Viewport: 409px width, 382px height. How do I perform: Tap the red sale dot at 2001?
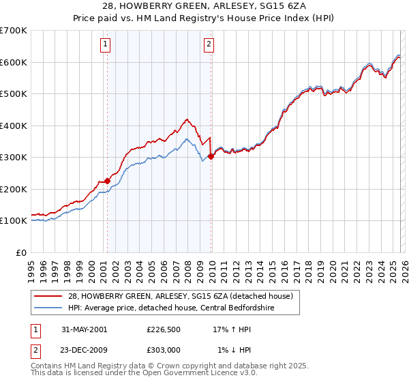pos(108,181)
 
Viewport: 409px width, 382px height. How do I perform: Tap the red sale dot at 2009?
pos(211,156)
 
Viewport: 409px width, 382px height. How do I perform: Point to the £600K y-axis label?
pos(13,62)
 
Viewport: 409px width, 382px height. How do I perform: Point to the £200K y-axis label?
pos(13,189)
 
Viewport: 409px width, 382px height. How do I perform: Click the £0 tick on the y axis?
pos(20,252)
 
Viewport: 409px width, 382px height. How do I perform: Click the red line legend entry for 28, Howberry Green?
pos(180,296)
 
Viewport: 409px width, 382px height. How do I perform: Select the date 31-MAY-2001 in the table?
pos(84,329)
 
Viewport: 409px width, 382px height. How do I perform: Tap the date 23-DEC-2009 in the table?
pos(84,351)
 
